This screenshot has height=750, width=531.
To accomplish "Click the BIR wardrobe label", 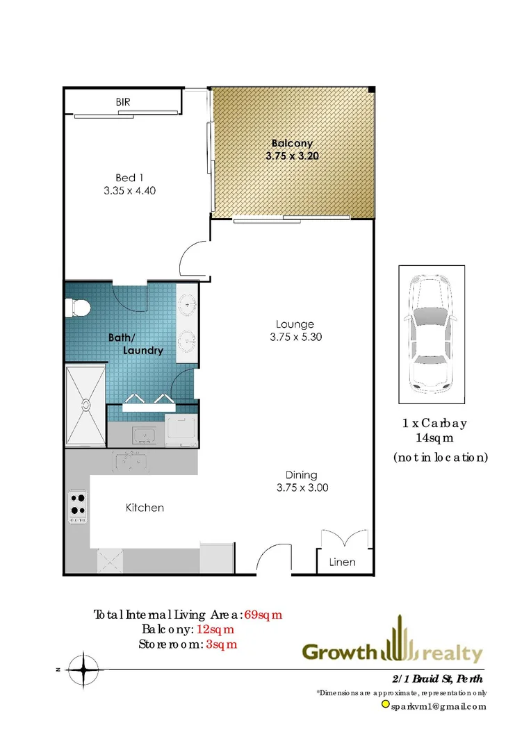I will click(x=123, y=102).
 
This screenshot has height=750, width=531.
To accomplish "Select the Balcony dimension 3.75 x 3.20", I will click(x=292, y=156).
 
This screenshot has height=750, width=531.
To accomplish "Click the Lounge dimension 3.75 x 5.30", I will click(x=295, y=337).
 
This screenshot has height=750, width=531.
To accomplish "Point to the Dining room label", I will click(x=301, y=475).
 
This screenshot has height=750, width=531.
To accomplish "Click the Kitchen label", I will click(x=145, y=508).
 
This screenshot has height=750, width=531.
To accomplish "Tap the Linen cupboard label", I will click(x=343, y=562).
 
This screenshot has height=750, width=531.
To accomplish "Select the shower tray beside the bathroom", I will click(x=85, y=405).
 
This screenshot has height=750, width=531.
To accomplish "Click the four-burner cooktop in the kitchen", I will click(x=77, y=506).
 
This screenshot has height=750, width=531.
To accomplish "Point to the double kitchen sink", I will click(x=131, y=461).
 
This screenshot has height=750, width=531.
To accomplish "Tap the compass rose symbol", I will click(x=83, y=669).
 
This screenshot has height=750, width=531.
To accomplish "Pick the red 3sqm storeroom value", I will click(x=222, y=644).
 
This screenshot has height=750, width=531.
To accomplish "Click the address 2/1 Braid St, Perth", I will click(x=436, y=678).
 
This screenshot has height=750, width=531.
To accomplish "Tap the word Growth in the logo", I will click(x=339, y=653).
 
